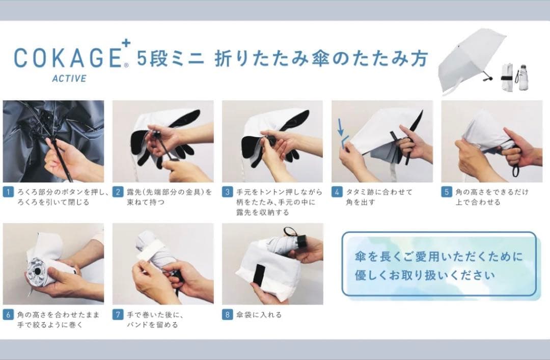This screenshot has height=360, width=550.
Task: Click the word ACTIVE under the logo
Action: pos(69,78)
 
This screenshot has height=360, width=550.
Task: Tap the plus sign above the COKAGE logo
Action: pos(126,43)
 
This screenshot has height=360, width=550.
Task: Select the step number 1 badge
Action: pos(8,192)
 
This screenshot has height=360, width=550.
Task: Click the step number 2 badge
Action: pos(118,192)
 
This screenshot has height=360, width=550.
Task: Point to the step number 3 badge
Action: pos(227,192)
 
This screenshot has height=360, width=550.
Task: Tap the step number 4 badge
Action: pos(337,192)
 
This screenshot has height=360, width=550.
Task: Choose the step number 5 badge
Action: pos(446,192)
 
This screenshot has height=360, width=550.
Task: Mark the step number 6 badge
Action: pos(8,315)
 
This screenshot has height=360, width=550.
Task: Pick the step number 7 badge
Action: pos(118,315)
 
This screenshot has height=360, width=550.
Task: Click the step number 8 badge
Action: pos(227,315)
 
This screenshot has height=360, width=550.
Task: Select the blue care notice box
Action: pos(438,264)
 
